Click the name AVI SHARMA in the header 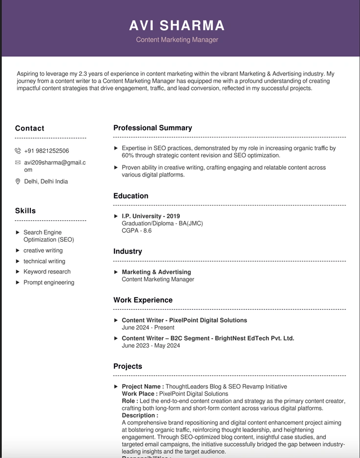tap(177, 25)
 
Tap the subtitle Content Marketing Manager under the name tap(177, 40)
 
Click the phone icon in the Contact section tap(18, 151)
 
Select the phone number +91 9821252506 tap(46, 151)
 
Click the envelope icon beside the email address tap(18, 162)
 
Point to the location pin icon tap(18, 182)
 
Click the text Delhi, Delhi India tap(46, 182)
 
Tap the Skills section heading tap(25, 211)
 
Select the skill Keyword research tap(47, 272)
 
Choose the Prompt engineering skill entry tap(49, 282)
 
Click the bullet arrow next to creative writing tap(18, 251)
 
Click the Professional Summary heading tap(153, 128)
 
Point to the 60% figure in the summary tap(128, 156)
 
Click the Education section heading tap(131, 196)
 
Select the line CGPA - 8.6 tap(136, 230)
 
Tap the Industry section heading tap(128, 252)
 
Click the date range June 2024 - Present tap(148, 328)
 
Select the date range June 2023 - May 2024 tap(151, 345)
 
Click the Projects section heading tap(128, 366)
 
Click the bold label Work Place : tap(139, 394)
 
